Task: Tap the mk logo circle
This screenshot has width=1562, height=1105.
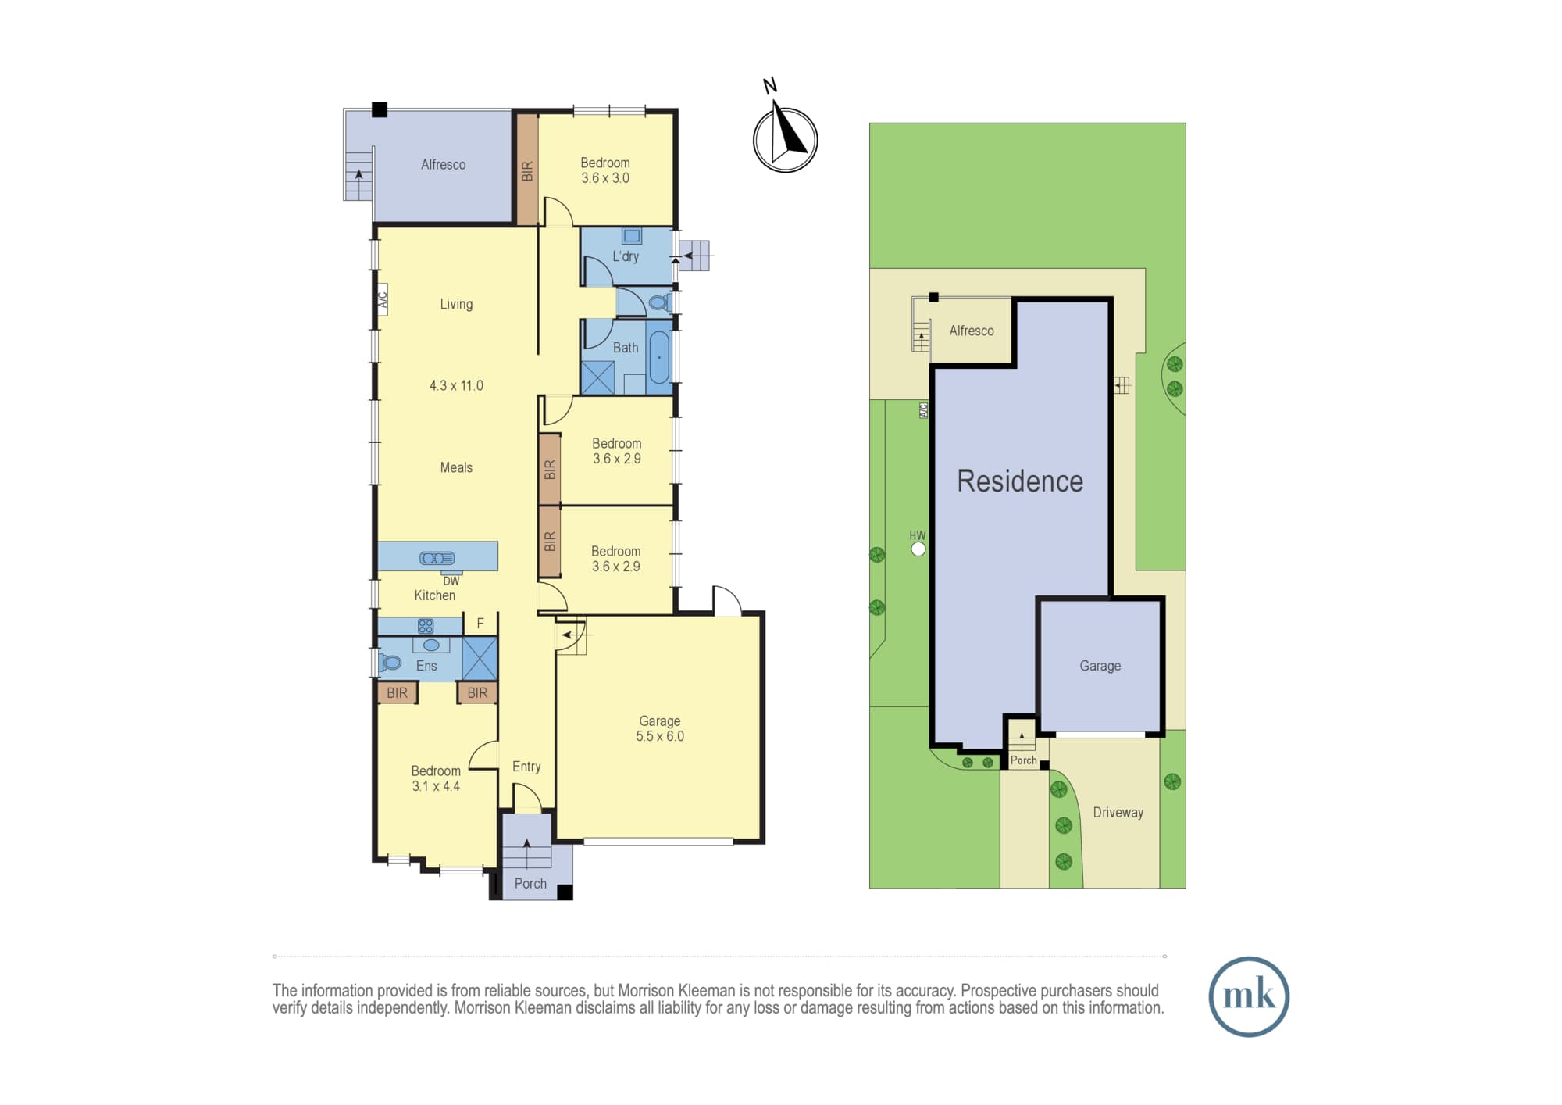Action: click(1249, 996)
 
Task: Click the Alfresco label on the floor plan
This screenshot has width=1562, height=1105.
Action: click(443, 165)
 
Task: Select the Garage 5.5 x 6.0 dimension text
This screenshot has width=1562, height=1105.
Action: click(660, 736)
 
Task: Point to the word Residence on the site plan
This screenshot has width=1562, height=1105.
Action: click(1020, 481)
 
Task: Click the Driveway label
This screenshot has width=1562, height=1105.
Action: click(1118, 813)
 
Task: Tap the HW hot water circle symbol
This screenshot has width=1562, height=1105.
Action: click(918, 549)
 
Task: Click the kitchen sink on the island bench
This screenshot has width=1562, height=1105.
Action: click(437, 558)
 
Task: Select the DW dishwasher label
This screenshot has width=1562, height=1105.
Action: click(451, 581)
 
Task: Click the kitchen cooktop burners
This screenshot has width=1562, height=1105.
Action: click(426, 626)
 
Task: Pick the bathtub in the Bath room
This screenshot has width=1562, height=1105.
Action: click(660, 357)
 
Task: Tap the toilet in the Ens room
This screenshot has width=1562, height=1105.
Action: click(389, 663)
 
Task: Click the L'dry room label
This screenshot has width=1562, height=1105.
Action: click(626, 256)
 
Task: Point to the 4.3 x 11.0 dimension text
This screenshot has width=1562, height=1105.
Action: click(456, 385)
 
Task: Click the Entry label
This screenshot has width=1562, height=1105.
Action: click(526, 767)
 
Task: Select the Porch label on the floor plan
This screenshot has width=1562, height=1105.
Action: click(530, 884)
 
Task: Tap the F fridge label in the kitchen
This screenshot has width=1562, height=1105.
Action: click(480, 624)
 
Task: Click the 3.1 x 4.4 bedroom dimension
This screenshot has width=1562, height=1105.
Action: click(436, 786)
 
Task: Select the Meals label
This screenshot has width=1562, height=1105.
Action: click(456, 467)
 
